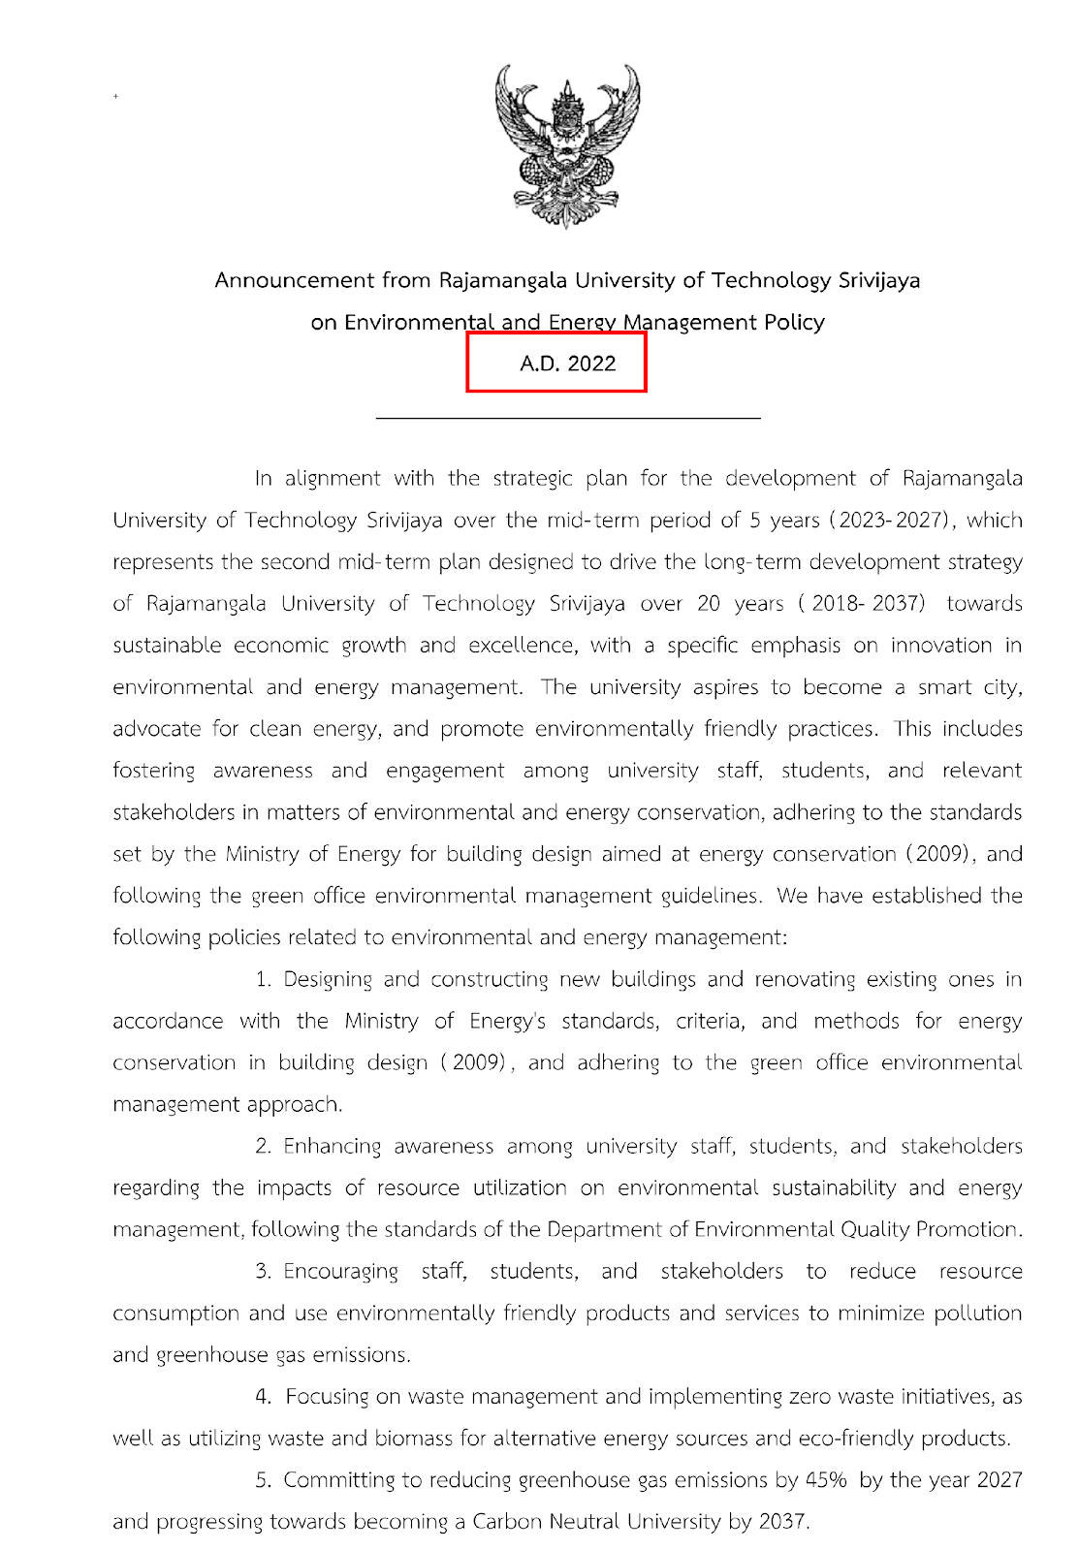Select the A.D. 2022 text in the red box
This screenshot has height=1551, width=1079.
(567, 364)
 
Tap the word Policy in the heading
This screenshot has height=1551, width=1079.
(793, 322)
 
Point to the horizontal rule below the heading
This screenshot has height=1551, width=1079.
(567, 418)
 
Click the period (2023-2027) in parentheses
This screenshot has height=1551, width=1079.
(887, 520)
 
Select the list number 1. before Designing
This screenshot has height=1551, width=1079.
(263, 979)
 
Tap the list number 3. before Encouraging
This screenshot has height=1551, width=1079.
(263, 1271)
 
